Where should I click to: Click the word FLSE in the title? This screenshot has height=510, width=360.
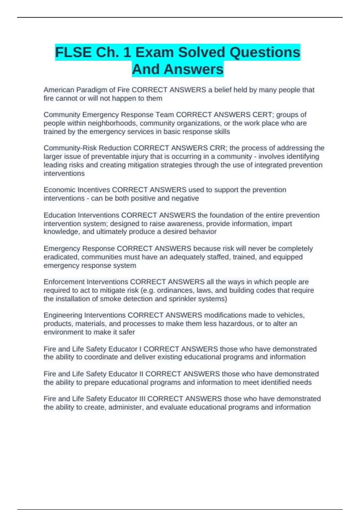tap(73, 52)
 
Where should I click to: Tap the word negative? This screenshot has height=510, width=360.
tap(185, 198)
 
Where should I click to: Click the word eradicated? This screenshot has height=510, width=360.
tap(61, 257)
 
